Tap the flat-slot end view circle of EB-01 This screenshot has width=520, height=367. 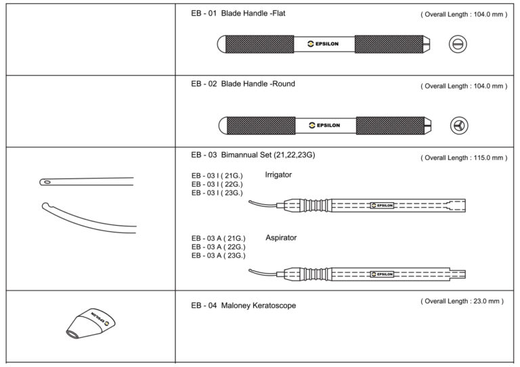coord(458,45)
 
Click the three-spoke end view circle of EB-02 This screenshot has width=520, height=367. coord(459,125)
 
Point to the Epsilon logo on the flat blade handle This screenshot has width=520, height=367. coord(324,45)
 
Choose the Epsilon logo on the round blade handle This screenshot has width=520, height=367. coord(324,125)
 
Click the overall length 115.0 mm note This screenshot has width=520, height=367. coord(463,157)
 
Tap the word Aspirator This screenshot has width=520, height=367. coord(282,237)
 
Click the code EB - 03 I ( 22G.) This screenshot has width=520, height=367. coord(217,184)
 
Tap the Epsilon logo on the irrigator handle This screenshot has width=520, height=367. coord(383,205)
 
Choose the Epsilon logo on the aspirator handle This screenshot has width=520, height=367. coord(383,274)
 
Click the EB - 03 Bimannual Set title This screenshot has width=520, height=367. coord(253,155)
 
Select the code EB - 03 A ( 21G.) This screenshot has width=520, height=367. coord(218,239)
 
